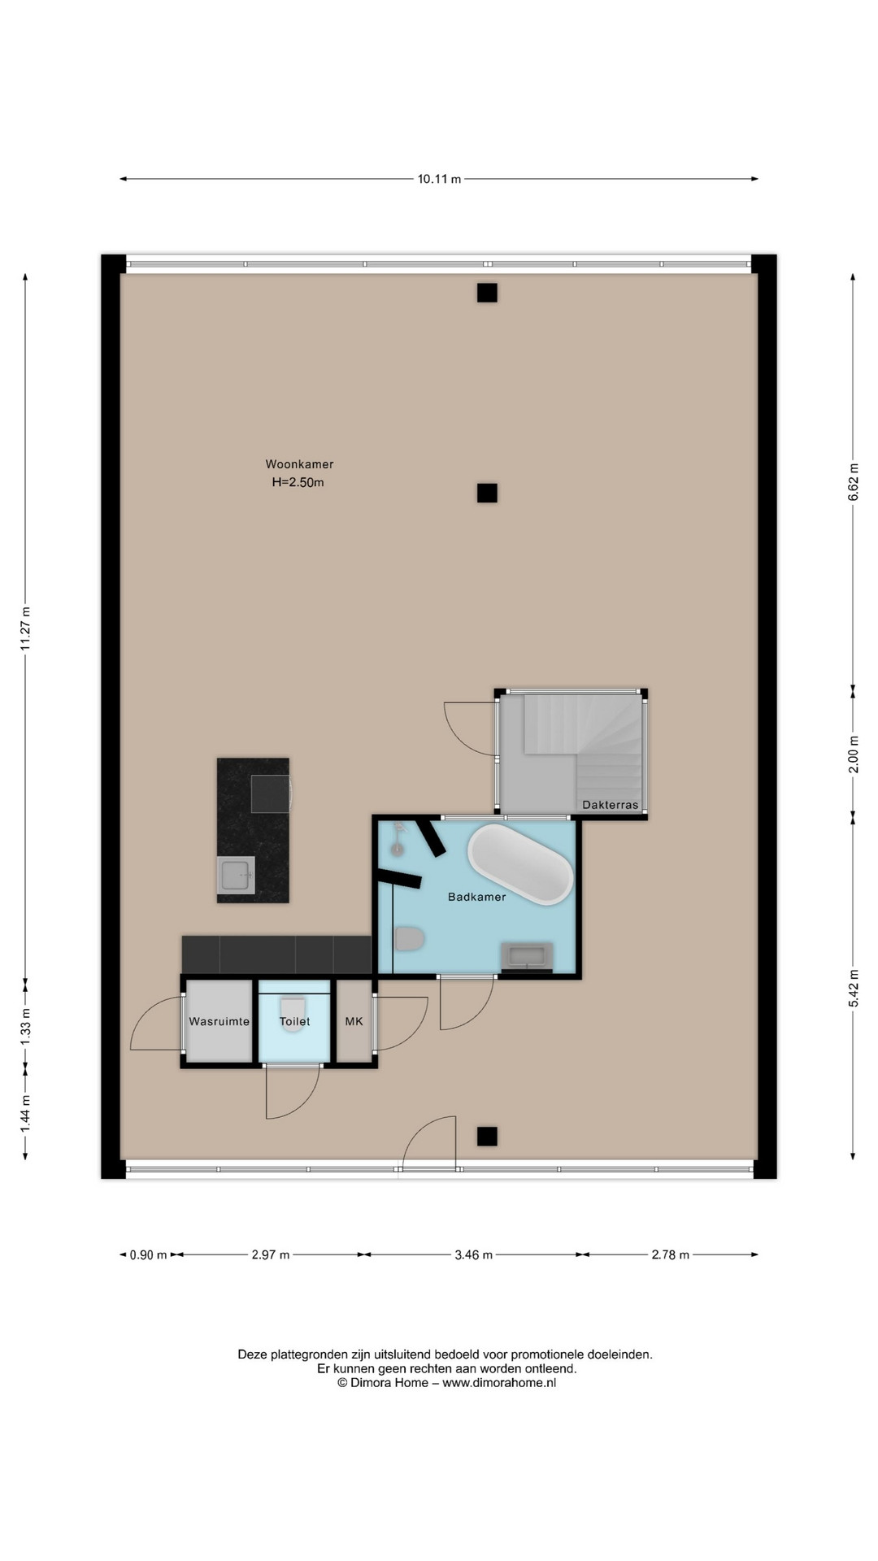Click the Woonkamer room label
(x=299, y=464)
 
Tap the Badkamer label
(x=477, y=897)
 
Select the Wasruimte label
(x=219, y=1021)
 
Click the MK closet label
(x=354, y=1021)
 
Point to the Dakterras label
(x=611, y=805)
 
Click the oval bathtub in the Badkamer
(x=520, y=864)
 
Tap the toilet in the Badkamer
(x=410, y=939)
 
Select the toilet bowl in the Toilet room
(x=293, y=1016)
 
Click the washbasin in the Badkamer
(x=527, y=957)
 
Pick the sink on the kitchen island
(x=236, y=876)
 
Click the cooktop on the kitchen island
(x=271, y=794)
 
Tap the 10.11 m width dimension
(x=439, y=179)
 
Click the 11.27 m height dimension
(x=25, y=628)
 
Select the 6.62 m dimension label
(x=853, y=482)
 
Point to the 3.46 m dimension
(x=473, y=1254)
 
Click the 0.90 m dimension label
(x=148, y=1254)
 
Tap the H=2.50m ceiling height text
(x=298, y=482)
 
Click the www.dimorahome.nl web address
(x=499, y=1383)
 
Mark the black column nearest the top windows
(x=487, y=293)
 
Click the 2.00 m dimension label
(x=853, y=754)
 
